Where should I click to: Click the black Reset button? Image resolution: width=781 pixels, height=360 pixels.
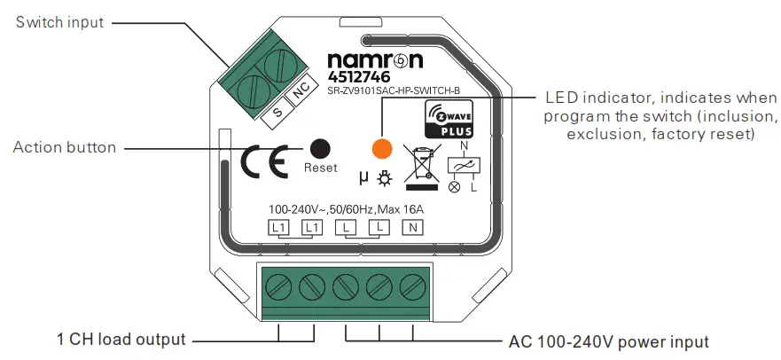320,149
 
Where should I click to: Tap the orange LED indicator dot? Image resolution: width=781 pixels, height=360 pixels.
381,148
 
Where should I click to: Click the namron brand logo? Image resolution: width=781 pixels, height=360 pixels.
375,60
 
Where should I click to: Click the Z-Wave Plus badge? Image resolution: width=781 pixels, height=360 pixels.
450,119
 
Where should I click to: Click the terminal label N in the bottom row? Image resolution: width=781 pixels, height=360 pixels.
412,228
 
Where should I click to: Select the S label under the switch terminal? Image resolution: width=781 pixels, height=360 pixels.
277,112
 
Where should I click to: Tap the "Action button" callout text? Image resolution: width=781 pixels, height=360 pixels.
64,147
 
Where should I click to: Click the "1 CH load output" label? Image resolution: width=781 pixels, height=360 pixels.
121,340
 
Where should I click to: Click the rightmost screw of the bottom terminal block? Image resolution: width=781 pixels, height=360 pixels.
410,288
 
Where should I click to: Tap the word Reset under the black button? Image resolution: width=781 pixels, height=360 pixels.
320,168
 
